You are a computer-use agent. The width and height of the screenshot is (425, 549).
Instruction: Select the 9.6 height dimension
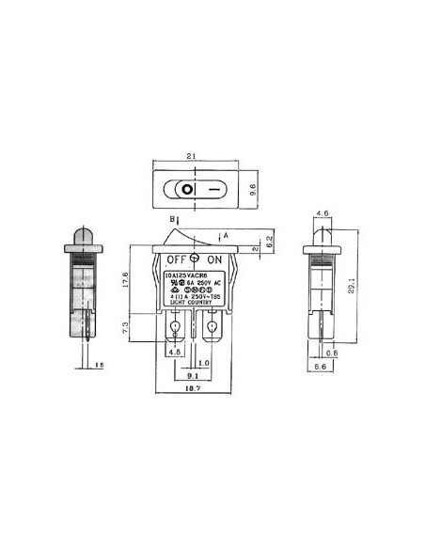point(251,188)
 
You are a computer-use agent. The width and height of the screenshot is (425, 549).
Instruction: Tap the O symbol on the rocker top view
point(187,189)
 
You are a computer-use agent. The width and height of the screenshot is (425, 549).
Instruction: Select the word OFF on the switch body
point(176,259)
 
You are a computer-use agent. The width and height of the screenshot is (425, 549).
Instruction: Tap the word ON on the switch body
point(215,259)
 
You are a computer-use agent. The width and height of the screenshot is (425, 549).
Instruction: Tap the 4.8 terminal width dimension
point(174,353)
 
